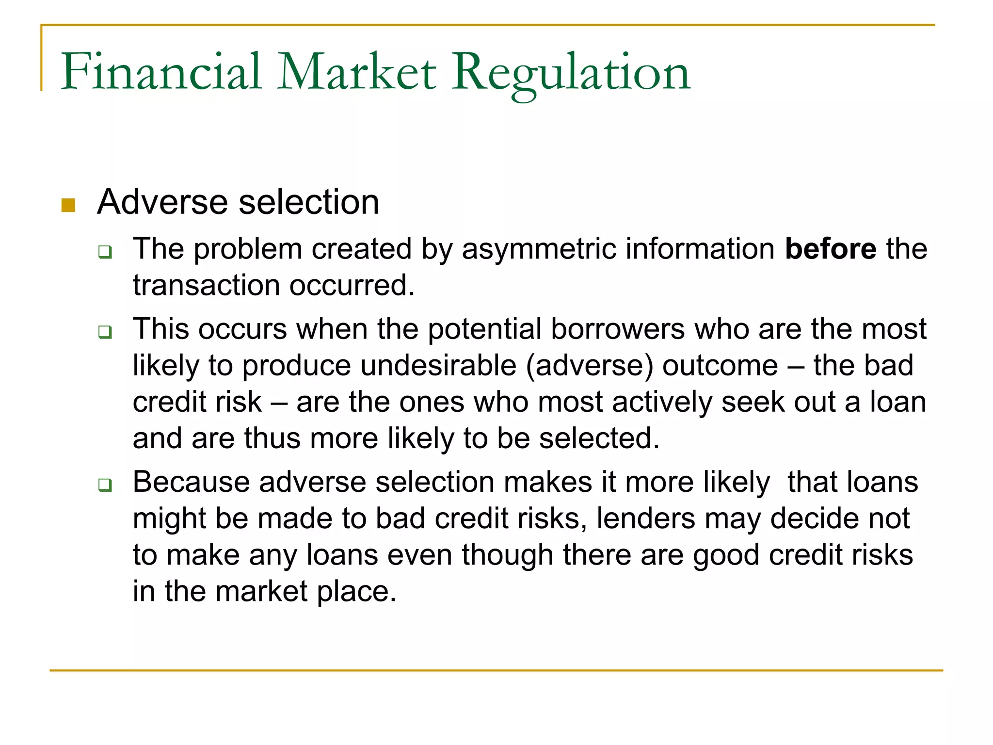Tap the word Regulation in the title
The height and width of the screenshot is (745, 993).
570,73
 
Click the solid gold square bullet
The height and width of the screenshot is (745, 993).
68,205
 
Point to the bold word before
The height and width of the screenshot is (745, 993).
831,249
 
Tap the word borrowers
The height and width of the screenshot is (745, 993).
617,329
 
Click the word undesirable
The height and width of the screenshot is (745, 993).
379,365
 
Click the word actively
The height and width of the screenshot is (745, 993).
662,402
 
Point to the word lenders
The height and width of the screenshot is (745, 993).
646,518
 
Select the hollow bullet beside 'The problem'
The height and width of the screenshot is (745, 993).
105,252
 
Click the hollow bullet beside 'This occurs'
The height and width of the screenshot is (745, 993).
105,332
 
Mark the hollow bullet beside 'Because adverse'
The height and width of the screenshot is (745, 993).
105,485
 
